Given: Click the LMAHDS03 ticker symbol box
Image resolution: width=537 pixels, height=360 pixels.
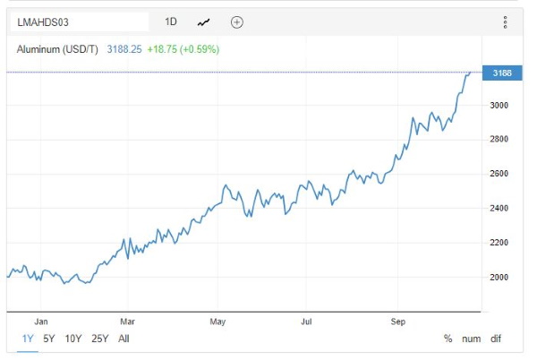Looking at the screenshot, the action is (x=80, y=22).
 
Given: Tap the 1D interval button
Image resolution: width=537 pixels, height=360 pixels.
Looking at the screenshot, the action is (x=171, y=21).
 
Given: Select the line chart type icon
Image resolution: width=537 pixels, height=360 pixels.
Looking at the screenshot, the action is (x=203, y=22).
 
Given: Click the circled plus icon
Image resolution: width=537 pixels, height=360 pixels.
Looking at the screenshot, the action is (x=236, y=22).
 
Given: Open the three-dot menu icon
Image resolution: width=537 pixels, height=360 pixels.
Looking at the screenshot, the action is (x=505, y=22).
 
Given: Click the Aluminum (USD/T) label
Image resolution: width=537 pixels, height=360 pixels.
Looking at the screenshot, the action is (x=57, y=49).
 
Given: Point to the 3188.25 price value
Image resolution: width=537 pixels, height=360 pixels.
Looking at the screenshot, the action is (x=124, y=49).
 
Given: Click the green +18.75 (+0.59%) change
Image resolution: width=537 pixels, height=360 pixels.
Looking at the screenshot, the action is (x=183, y=49).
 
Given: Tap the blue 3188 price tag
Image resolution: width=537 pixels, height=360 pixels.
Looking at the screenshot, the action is (x=502, y=73).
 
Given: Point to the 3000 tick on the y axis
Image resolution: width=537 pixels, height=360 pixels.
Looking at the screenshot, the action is (x=499, y=105).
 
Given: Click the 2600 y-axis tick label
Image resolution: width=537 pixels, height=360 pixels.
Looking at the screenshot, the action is (x=499, y=174).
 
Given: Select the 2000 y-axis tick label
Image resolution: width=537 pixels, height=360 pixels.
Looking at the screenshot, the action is (x=499, y=277).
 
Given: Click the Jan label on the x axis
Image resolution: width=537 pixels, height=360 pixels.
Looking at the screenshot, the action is (x=41, y=321).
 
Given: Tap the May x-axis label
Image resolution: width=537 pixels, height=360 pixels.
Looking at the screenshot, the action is (x=217, y=321).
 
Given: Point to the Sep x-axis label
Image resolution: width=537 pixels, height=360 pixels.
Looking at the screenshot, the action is (x=398, y=321).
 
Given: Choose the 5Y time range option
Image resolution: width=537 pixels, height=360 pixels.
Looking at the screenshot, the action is (x=49, y=339).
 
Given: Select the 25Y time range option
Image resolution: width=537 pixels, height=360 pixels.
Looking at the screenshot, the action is (x=99, y=339).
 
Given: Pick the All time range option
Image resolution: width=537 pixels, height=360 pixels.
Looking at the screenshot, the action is (x=124, y=339).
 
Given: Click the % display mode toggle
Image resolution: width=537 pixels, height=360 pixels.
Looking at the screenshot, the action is (x=448, y=339).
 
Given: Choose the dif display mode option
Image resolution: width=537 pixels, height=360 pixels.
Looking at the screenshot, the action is (x=496, y=339).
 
